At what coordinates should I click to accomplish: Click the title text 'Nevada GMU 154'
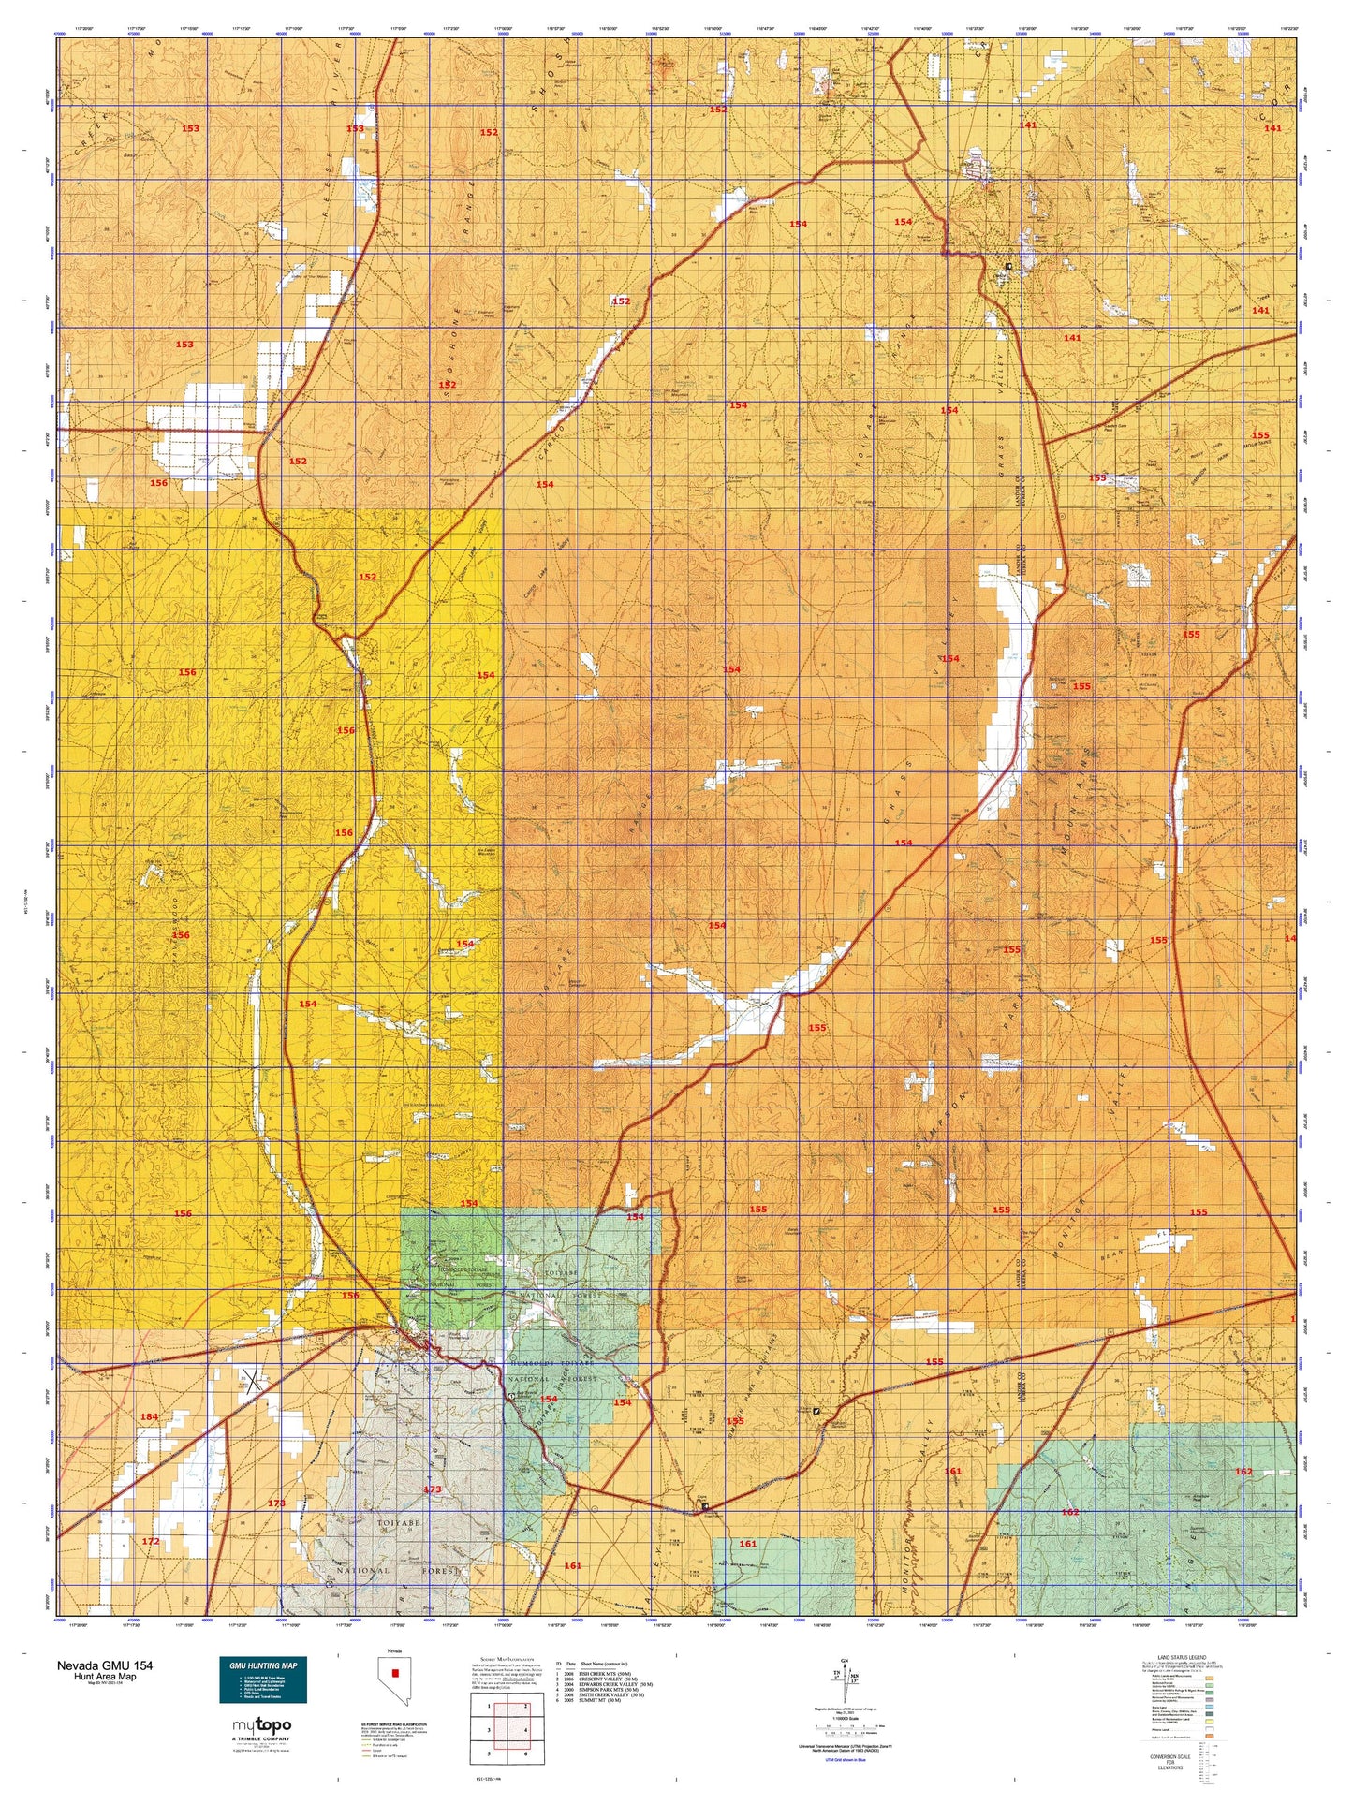(104, 1665)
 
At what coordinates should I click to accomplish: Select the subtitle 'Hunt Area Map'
(105, 1677)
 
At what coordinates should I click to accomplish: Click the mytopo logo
(261, 1725)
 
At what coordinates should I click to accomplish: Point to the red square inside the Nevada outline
(395, 1672)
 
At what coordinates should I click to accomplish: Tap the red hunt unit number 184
(149, 1416)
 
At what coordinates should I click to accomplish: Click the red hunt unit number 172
(151, 1540)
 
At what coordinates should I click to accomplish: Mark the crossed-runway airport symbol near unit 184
(251, 1378)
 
